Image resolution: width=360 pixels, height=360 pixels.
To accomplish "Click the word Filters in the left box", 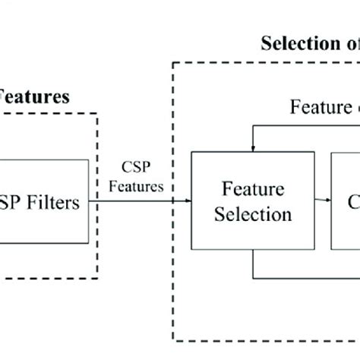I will point(54,203).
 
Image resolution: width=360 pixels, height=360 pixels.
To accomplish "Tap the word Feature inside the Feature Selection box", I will point(253,187).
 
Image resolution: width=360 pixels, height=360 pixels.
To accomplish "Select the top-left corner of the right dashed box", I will point(175,63).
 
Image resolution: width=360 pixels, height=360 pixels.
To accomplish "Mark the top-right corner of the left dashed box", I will point(97,115).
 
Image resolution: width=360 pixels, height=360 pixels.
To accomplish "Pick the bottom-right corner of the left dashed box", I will point(97,278).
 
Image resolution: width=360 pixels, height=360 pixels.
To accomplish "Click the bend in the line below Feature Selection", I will point(253,277).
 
